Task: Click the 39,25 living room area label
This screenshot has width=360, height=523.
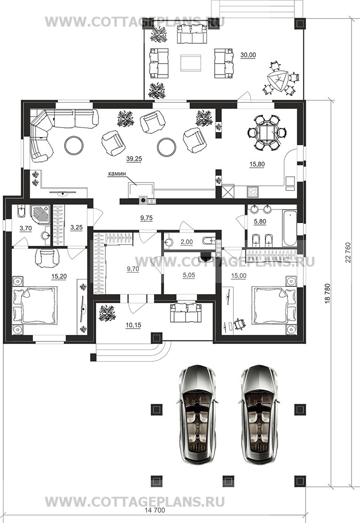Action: point(134,159)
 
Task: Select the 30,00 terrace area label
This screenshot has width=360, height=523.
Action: point(248,55)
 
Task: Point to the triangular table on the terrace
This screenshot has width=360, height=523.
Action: point(277,81)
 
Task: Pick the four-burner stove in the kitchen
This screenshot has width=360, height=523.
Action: point(253,192)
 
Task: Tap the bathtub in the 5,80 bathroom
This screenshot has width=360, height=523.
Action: point(289,228)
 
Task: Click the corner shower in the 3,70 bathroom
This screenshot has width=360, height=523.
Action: point(40,216)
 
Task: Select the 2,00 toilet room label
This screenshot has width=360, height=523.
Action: point(186,242)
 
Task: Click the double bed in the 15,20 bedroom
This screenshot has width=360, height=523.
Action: point(33,305)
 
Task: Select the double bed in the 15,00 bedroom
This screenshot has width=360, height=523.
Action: point(274,305)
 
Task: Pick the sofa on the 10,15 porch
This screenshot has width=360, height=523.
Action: point(186,313)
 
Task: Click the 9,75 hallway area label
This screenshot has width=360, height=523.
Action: point(146,218)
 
